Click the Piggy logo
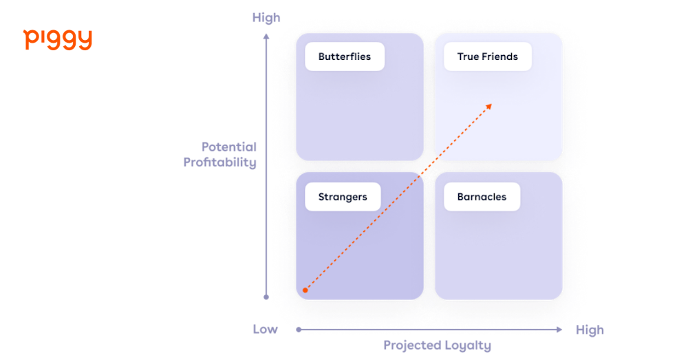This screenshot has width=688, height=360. pos(58,39)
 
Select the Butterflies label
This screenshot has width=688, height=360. pos(344,56)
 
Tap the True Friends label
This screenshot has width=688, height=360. pos(487,56)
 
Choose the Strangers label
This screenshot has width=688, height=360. pos(342,197)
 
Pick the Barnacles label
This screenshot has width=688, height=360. pos(482,197)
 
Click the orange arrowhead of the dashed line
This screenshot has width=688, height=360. pos(489,105)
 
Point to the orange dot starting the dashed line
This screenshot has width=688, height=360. pos(305,290)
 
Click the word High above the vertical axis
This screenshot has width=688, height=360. pos(266,18)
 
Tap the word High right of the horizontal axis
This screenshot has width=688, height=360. pos(589,330)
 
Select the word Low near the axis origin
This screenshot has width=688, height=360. pos(265,329)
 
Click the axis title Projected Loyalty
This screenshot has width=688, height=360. pos(437,346)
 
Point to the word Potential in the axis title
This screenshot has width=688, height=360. pos(229,147)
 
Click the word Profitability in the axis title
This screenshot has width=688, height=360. pos(219,163)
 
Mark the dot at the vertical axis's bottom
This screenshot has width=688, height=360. pos(266,297)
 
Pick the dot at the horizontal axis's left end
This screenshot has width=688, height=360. pos(297,330)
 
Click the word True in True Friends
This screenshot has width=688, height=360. pos(468,56)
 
